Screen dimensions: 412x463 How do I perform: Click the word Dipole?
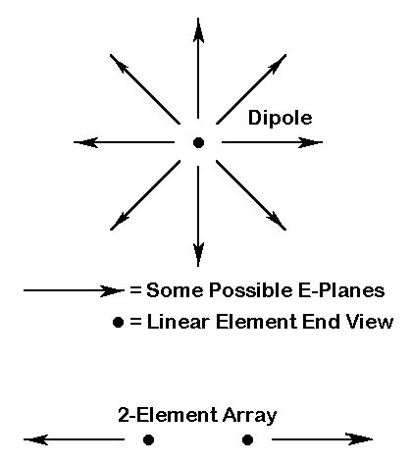280,119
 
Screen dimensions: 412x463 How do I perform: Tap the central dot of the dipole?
198,142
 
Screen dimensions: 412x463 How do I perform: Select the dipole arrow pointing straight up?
198,68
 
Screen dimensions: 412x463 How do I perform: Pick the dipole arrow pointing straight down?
198,216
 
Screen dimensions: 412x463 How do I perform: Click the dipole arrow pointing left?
124,142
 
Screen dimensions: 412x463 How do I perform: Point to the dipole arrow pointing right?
272,142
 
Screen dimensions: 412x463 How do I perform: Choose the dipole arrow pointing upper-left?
145,89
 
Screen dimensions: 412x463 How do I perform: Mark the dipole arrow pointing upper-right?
251,89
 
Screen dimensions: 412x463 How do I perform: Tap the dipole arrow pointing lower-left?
145,195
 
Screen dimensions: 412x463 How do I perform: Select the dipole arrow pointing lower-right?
251,195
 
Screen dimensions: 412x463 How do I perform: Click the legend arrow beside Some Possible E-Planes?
74,290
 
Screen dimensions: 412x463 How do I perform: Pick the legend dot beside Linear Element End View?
118,322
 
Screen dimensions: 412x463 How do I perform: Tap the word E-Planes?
341,290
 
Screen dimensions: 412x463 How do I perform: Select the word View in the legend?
370,322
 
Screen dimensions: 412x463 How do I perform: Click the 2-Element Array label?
197,416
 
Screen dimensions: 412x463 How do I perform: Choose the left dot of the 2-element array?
148,439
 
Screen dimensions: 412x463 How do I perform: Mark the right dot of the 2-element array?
247,439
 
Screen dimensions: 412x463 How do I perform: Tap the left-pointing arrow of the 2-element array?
74,439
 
